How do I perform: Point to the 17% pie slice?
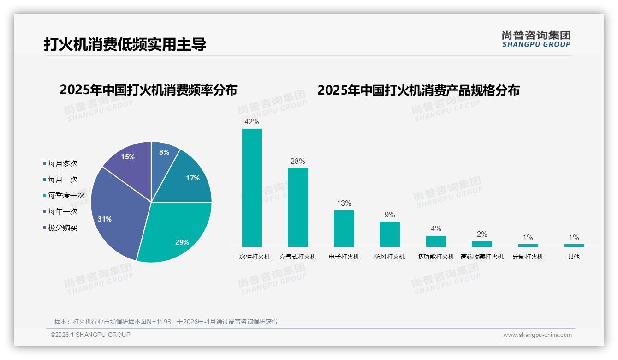[x=189, y=180]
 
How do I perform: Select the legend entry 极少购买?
[x=62, y=228]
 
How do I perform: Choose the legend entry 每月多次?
[x=62, y=163]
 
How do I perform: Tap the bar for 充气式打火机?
[x=298, y=207]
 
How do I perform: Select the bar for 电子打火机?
[x=344, y=228]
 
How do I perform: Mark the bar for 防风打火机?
[x=390, y=234]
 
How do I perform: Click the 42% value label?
[x=252, y=122]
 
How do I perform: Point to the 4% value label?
[x=436, y=229]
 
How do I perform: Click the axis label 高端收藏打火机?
[x=482, y=257]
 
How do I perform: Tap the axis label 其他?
[x=574, y=257]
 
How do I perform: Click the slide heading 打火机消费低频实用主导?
[x=125, y=44]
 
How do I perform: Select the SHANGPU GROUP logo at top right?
[x=536, y=39]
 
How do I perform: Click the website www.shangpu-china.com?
[x=537, y=335]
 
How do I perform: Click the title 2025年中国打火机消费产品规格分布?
[x=418, y=90]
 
